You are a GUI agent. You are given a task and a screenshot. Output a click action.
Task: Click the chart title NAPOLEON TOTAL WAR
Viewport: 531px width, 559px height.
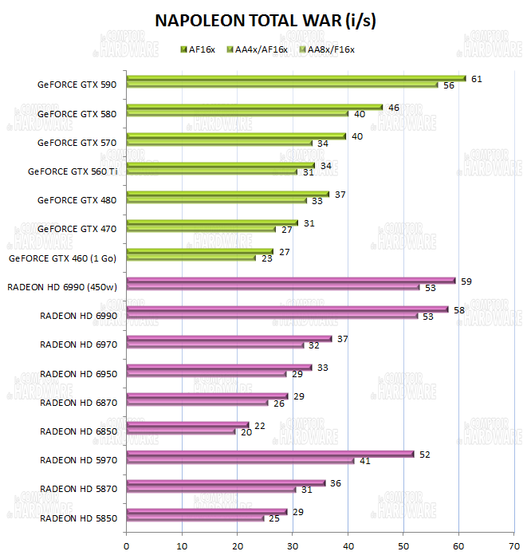tap(265, 21)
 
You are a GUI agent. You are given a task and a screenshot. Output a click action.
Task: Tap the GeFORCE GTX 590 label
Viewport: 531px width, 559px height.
tap(77, 85)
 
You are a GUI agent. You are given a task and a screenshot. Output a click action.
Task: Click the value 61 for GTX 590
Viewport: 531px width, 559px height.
tap(477, 79)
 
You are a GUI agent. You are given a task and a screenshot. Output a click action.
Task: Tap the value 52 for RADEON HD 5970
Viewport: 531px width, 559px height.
tap(425, 455)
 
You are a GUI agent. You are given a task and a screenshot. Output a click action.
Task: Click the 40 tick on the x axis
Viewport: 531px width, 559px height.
tap(348, 546)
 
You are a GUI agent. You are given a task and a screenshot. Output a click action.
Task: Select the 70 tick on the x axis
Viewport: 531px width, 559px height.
tap(513, 546)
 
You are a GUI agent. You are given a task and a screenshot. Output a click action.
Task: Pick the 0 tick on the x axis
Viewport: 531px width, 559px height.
tap(127, 546)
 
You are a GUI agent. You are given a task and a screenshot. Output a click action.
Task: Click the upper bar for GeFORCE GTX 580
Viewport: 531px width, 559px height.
tap(254, 107)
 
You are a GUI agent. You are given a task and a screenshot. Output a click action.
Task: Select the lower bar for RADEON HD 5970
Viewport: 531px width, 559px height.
tap(240, 460)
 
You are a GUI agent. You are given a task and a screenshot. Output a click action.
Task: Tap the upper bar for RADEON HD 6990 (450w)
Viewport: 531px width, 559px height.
tap(291, 281)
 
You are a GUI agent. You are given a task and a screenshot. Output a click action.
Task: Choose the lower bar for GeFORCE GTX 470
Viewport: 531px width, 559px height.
tap(201, 229)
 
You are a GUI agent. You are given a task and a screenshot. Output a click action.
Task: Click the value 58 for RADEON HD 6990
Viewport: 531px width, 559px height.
tap(460, 309)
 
